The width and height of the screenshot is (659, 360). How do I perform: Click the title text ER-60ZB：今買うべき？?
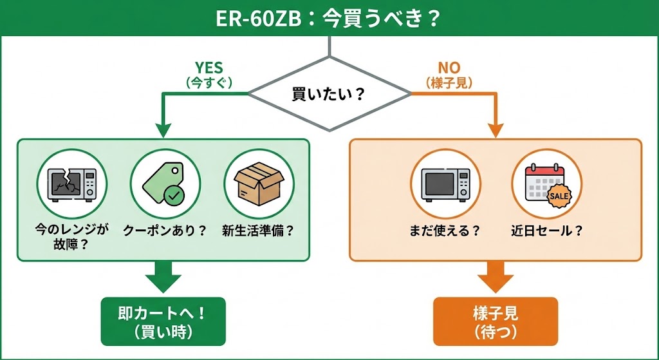(x=329, y=17)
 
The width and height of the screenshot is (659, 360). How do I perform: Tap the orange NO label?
(x=449, y=68)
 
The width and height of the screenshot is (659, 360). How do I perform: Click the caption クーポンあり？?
(x=165, y=231)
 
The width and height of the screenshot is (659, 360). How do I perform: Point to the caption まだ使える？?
(x=445, y=231)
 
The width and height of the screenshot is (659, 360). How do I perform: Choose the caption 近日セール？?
(x=546, y=231)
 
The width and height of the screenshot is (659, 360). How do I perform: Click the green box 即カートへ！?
(x=163, y=321)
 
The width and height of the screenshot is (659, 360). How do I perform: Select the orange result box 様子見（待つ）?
(x=496, y=321)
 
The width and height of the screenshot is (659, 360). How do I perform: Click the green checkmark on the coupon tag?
(x=172, y=194)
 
